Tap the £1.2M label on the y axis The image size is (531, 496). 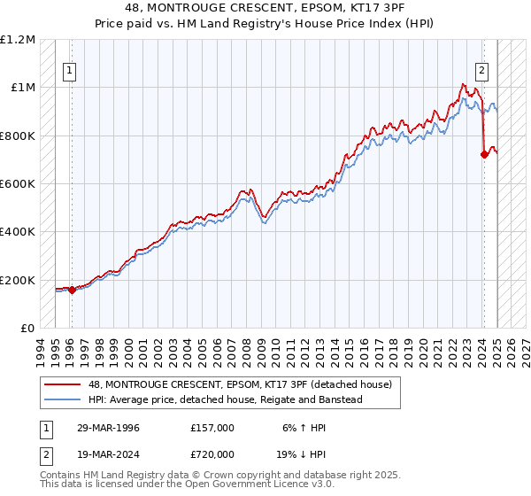click(x=18, y=40)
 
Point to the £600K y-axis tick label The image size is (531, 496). click(x=18, y=184)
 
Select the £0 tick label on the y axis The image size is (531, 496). click(x=27, y=329)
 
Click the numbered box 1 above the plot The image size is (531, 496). click(x=70, y=73)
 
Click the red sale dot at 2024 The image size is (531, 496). click(x=484, y=155)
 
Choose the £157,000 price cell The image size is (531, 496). click(x=212, y=428)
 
